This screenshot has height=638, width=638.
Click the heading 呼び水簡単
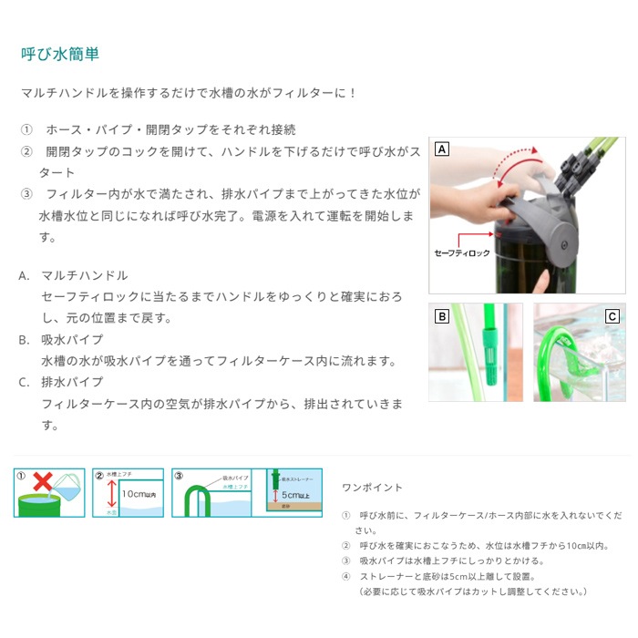tap(60, 55)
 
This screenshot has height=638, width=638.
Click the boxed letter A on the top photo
tap(440, 149)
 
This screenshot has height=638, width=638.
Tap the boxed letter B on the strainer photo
tap(441, 317)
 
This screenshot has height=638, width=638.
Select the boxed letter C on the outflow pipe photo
tap(612, 317)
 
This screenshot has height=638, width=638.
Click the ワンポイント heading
tap(372, 488)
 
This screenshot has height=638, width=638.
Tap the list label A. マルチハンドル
tap(73, 275)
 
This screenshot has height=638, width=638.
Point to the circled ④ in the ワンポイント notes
tap(345, 577)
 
